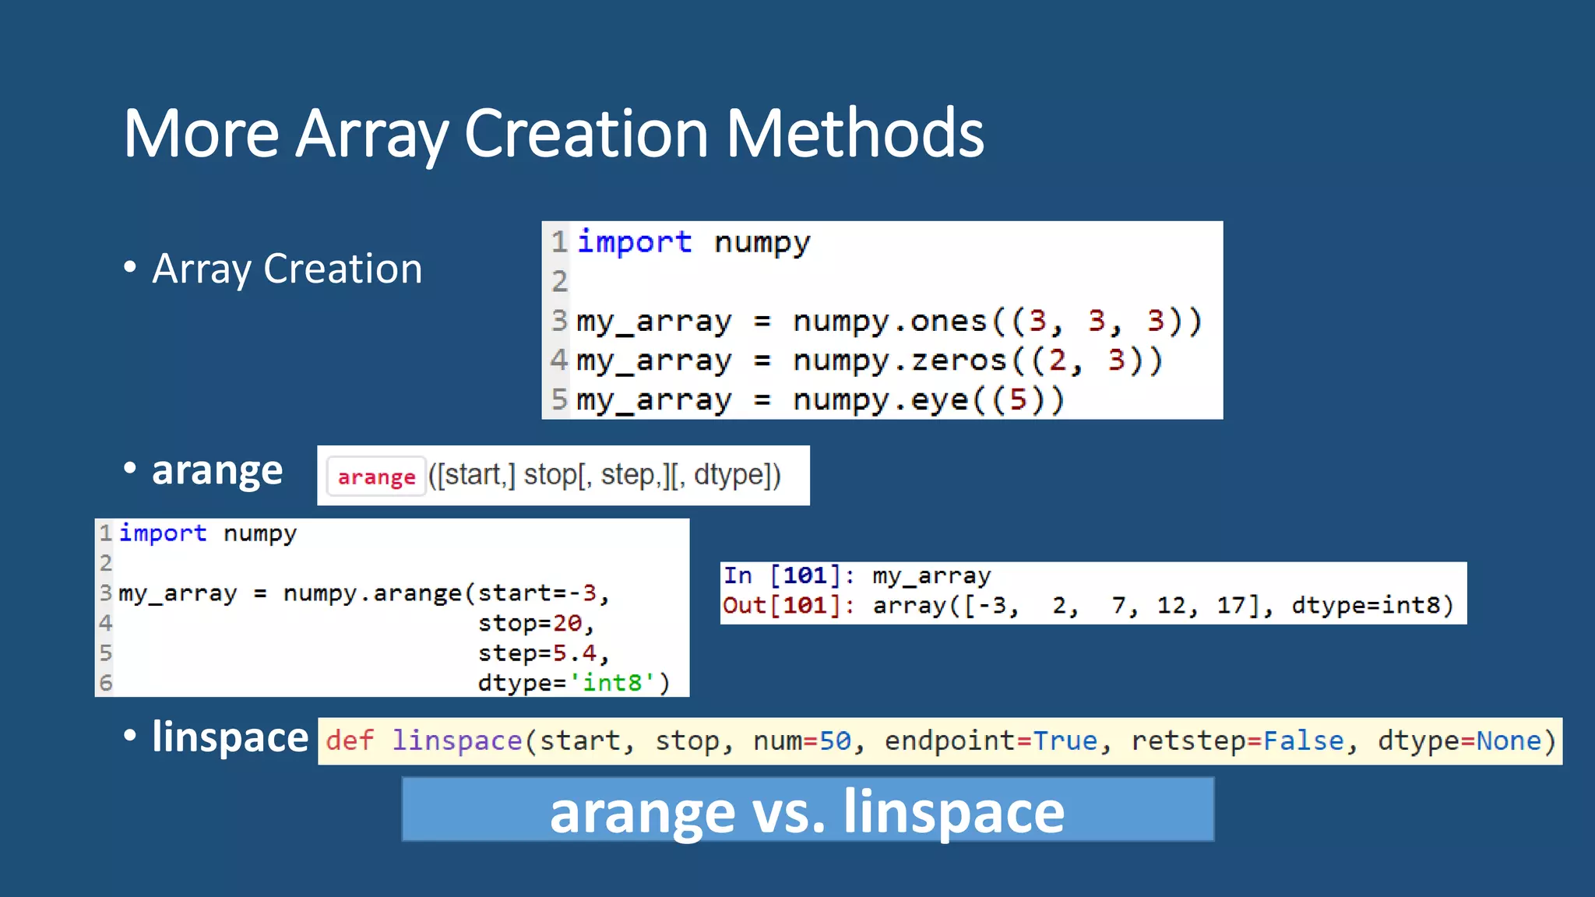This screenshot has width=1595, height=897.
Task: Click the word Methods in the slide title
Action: click(x=854, y=134)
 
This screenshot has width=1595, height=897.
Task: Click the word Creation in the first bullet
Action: click(x=343, y=269)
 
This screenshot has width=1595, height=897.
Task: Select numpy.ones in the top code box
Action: click(x=889, y=321)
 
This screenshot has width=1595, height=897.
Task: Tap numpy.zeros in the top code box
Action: click(x=900, y=361)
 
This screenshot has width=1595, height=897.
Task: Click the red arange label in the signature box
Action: click(x=376, y=477)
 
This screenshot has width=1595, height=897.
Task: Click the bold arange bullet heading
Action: click(x=217, y=470)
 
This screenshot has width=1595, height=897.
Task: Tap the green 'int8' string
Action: click(x=612, y=683)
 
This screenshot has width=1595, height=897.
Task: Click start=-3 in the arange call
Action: click(x=543, y=593)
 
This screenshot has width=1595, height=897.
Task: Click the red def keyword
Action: click(x=350, y=740)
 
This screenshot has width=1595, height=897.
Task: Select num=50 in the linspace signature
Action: click(x=801, y=740)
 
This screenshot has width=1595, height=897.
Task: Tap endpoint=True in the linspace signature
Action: click(x=990, y=740)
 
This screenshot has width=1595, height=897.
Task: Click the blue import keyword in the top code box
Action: click(x=634, y=241)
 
